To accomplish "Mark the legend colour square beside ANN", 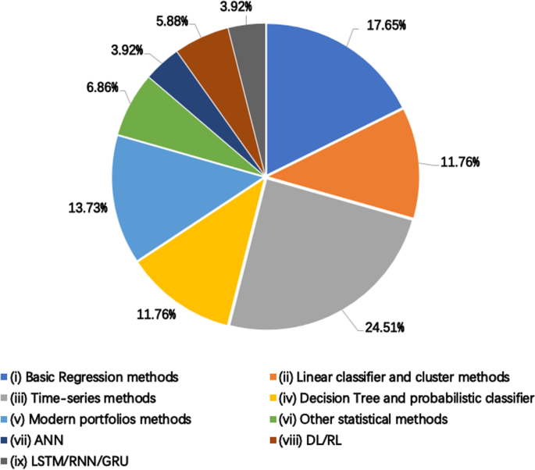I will pyautogui.click(x=7, y=440).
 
